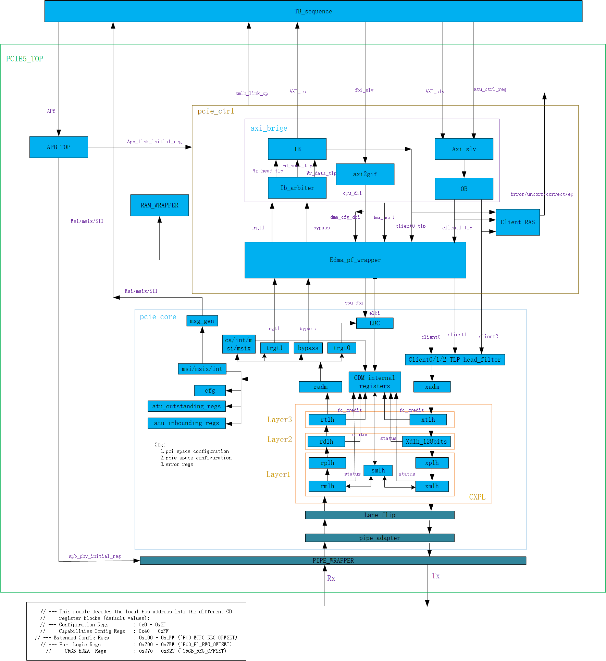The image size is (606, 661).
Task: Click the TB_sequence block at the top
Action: pyautogui.click(x=313, y=11)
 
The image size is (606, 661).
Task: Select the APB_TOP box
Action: pyautogui.click(x=59, y=147)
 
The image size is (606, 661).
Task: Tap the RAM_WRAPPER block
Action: pyautogui.click(x=159, y=205)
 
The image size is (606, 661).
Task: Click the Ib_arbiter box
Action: pyautogui.click(x=297, y=188)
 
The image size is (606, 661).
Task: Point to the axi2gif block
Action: pyautogui.click(x=365, y=174)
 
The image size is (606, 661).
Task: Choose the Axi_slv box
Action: pyautogui.click(x=464, y=149)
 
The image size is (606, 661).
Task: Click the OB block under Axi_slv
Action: pyautogui.click(x=464, y=189)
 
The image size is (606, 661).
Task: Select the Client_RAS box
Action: pyautogui.click(x=518, y=222)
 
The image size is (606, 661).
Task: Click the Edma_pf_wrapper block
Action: pyautogui.click(x=355, y=260)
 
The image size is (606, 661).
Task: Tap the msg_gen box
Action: pyautogui.click(x=202, y=321)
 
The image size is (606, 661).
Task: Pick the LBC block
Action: pyautogui.click(x=374, y=323)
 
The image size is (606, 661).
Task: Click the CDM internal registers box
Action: pyautogui.click(x=374, y=382)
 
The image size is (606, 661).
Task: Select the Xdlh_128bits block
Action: pyautogui.click(x=426, y=442)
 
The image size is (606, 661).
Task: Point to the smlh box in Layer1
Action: pyautogui.click(x=378, y=470)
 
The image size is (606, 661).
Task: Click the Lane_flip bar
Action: pyautogui.click(x=380, y=515)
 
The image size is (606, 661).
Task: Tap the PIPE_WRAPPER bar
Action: pyautogui.click(x=333, y=561)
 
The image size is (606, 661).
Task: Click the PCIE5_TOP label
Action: pyautogui.click(x=25, y=59)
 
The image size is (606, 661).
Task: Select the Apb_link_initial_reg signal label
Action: pyautogui.click(x=154, y=142)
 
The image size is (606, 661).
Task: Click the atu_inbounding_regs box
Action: pyautogui.click(x=186, y=423)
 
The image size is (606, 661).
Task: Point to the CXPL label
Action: pyautogui.click(x=477, y=497)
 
